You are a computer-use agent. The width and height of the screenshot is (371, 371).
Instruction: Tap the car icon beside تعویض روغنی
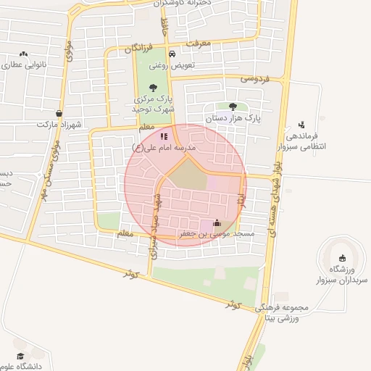point(172,55)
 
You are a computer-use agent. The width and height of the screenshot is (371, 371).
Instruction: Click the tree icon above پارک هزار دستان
point(233,106)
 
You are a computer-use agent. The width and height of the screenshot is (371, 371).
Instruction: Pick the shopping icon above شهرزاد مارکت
point(59,113)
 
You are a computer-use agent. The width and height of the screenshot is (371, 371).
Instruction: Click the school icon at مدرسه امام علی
point(164,136)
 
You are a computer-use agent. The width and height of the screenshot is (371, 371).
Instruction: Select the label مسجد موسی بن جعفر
point(217,234)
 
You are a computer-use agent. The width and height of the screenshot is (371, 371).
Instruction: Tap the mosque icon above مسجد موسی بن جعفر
point(217,223)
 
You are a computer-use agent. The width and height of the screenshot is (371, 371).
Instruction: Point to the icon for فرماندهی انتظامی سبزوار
point(301,125)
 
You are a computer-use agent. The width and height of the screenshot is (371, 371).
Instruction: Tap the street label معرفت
point(196,43)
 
